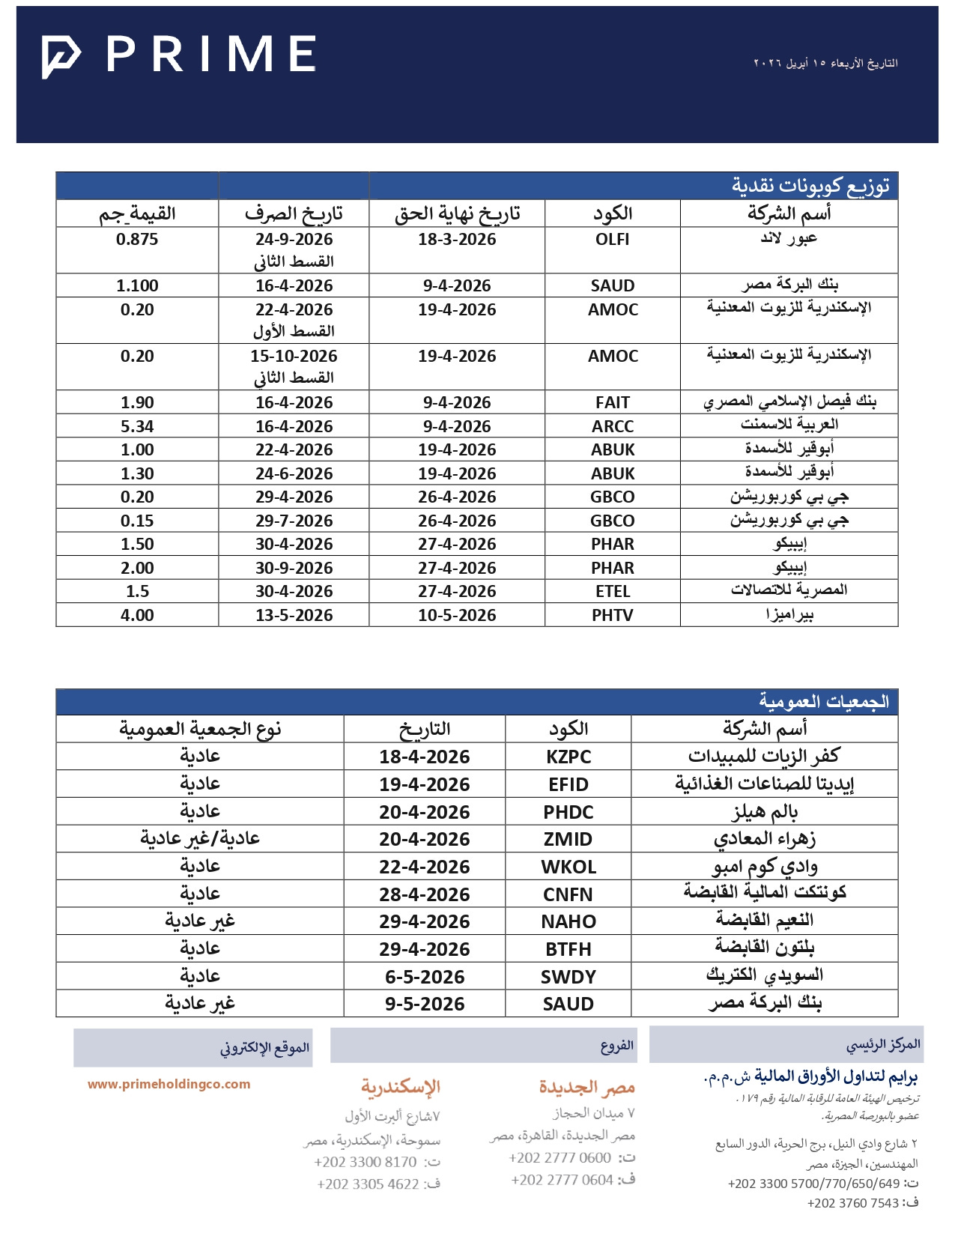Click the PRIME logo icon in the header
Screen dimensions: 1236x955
point(61,55)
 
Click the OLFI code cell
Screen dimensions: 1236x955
point(612,240)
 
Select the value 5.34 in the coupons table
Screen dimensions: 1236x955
point(137,426)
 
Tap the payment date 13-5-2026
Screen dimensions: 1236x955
point(294,615)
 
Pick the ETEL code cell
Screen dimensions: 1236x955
point(612,591)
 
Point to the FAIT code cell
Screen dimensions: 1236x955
point(612,402)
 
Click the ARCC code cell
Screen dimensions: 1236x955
point(612,426)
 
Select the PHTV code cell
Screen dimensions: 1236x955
point(612,615)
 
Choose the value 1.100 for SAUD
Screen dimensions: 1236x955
point(137,285)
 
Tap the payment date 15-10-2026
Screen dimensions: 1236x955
point(294,356)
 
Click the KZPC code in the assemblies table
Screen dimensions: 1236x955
point(569,757)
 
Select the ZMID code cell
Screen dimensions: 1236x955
point(569,839)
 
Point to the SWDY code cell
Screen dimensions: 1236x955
point(569,977)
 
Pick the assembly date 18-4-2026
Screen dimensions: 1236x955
point(424,757)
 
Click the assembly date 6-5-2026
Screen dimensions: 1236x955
point(424,977)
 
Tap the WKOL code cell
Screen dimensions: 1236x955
point(569,867)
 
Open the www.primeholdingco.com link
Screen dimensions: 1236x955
point(169,1084)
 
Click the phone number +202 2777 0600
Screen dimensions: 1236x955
point(560,1157)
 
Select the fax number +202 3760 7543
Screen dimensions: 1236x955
point(852,1203)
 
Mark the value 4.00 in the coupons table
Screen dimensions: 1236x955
point(137,615)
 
